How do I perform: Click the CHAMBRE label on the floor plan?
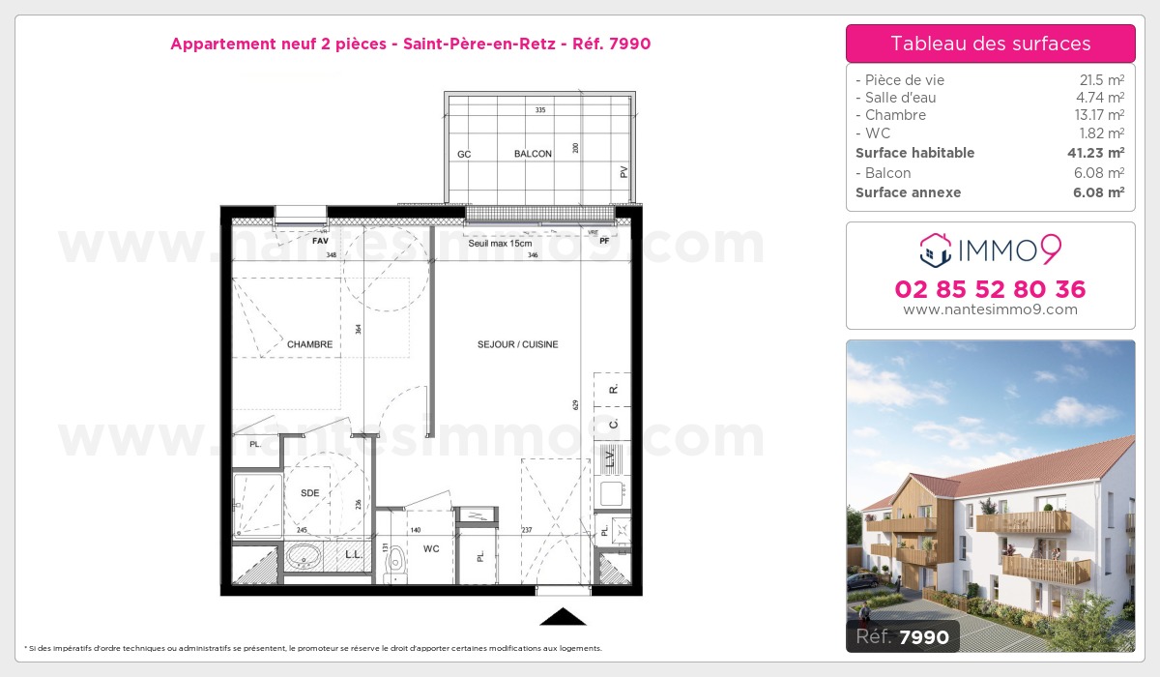pyautogui.click(x=309, y=344)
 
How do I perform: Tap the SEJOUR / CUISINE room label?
pyautogui.click(x=517, y=344)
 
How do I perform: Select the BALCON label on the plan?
pyautogui.click(x=533, y=154)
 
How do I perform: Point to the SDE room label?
pyautogui.click(x=309, y=493)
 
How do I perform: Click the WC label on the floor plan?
pyautogui.click(x=431, y=548)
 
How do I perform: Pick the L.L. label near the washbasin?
pyautogui.click(x=354, y=555)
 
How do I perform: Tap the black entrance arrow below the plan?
pyautogui.click(x=563, y=617)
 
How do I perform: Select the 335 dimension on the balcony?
pyautogui.click(x=540, y=110)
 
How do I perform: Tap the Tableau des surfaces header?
pyautogui.click(x=990, y=44)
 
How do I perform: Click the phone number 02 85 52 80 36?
pyautogui.click(x=990, y=289)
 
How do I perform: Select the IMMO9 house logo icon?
pyautogui.click(x=935, y=250)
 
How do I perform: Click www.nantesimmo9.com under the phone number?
pyautogui.click(x=990, y=309)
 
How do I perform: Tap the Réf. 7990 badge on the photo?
pyautogui.click(x=903, y=635)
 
